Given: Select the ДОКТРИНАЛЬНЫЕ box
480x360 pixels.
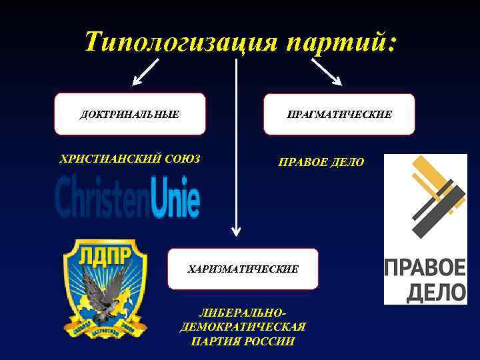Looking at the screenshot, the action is click(130, 114).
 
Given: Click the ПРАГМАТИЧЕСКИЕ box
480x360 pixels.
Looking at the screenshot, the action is click(339, 114).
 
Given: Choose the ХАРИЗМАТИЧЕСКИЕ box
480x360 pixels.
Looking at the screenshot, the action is click(243, 269).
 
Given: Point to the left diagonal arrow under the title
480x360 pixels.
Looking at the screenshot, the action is click(146, 71).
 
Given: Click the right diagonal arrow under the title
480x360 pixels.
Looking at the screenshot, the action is click(327, 71).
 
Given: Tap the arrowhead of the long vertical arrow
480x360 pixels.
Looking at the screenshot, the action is click(236, 230).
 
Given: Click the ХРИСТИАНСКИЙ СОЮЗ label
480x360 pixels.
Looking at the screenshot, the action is click(130, 159).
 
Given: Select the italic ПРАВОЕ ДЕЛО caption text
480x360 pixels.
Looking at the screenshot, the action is click(321, 162).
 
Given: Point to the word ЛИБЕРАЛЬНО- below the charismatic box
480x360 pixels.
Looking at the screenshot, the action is click(243, 313).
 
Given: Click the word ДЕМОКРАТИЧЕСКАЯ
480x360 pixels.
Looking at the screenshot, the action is click(243, 327).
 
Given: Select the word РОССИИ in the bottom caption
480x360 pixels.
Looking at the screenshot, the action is click(271, 341).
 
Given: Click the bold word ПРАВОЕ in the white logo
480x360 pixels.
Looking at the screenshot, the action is click(425, 269).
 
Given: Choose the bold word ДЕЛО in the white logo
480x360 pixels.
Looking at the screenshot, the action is click(425, 291).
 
